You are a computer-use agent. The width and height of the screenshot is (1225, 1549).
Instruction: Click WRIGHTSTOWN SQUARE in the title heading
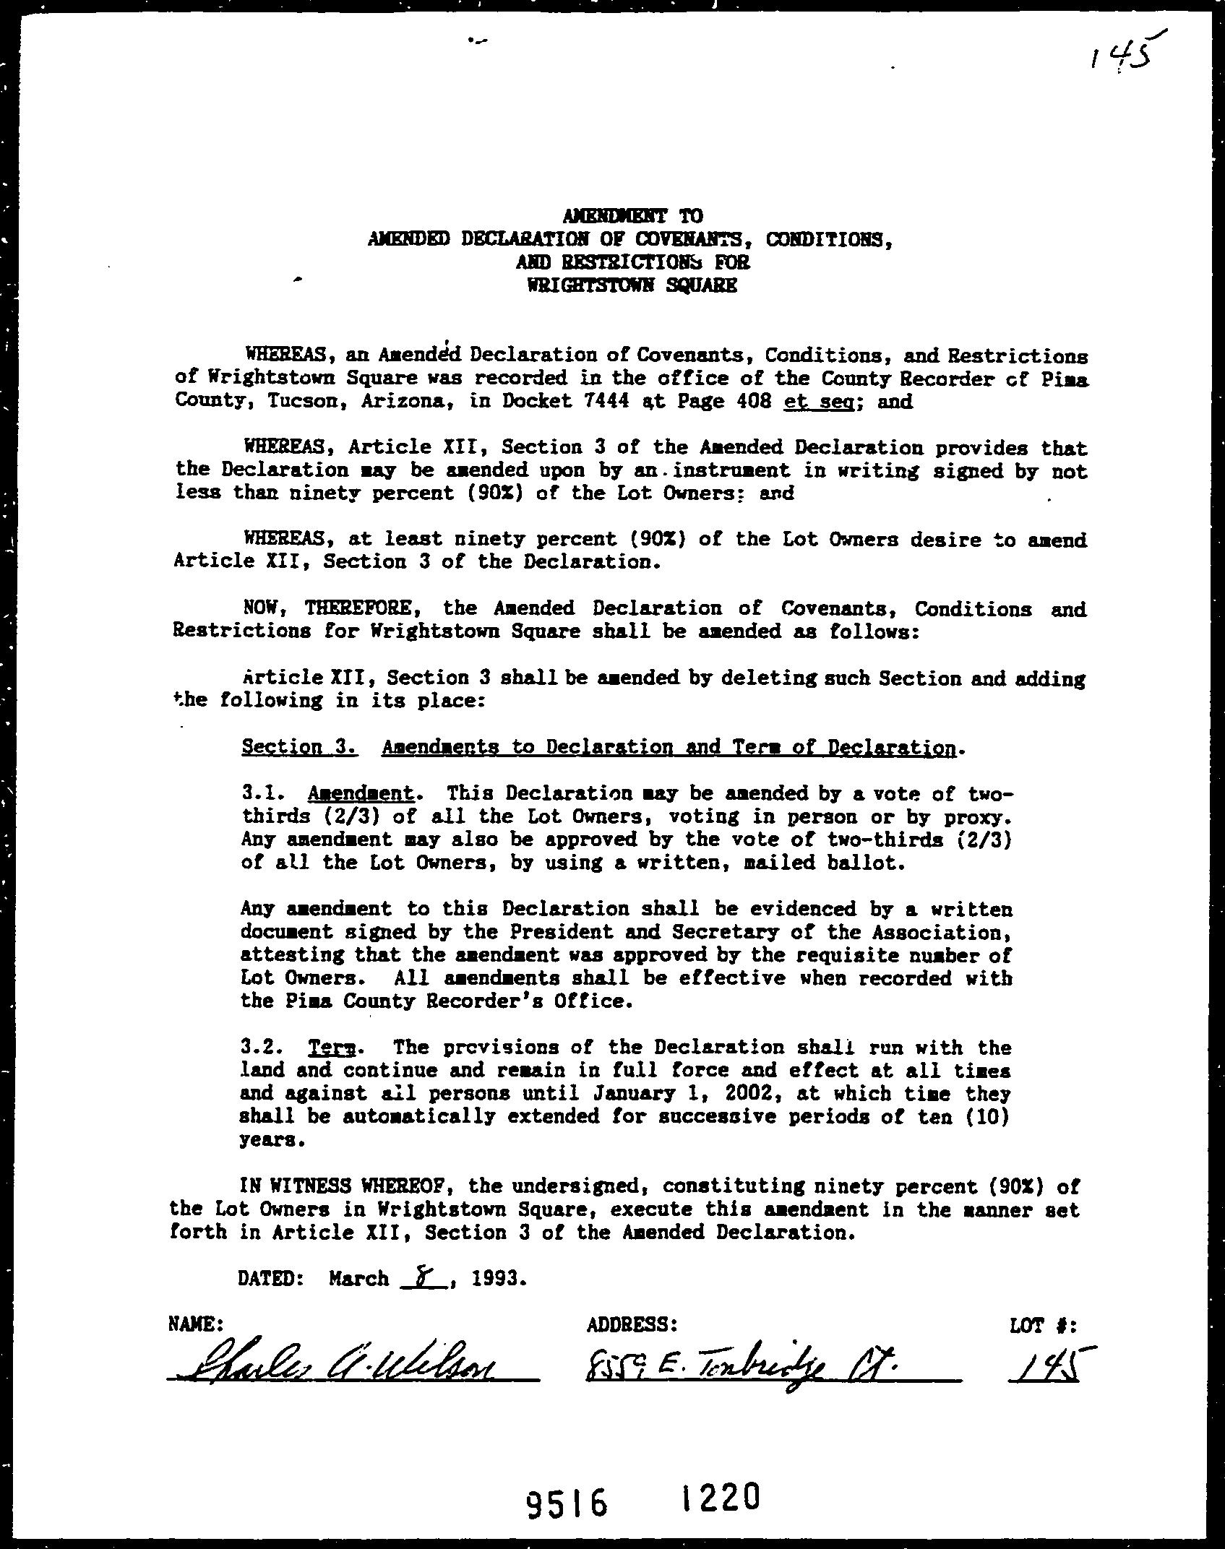click(633, 285)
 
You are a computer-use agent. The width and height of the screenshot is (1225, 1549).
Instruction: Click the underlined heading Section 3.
click(299, 747)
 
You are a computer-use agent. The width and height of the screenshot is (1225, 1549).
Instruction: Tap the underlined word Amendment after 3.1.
click(361, 794)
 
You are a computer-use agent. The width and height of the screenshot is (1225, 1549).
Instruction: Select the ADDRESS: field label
click(632, 1324)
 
